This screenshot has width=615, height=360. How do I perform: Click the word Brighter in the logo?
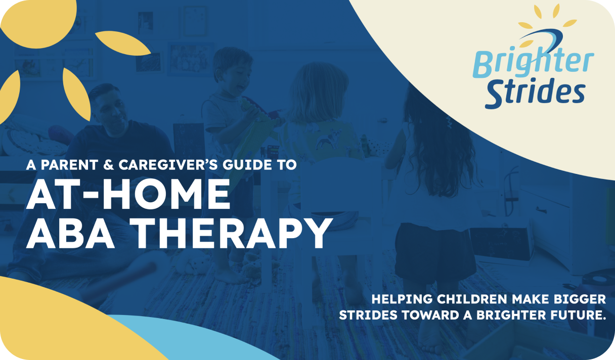[533, 63]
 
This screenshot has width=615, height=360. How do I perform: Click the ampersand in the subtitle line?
[108, 165]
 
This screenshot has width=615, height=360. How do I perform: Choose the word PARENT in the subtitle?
[69, 165]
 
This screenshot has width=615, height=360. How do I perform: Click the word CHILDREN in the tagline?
[472, 299]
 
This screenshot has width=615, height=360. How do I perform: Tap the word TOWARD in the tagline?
[430, 315]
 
